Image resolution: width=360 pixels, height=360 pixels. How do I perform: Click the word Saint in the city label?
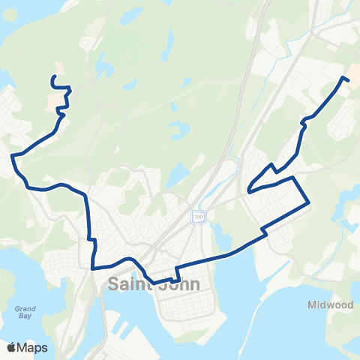point(130,285)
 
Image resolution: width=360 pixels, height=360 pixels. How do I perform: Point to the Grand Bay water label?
point(25,312)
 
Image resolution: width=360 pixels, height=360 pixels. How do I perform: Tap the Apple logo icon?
point(12,347)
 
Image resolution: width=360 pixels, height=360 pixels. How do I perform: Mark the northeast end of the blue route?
point(349,80)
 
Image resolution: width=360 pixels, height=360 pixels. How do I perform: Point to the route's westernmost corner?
point(12,156)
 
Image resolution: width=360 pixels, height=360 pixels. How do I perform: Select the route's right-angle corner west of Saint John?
point(92,267)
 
